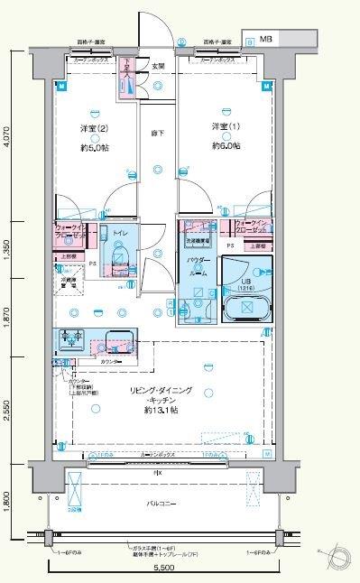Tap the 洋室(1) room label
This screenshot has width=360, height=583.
(226, 125)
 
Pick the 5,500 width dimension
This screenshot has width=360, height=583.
(163, 569)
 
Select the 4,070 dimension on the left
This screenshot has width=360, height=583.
(8, 136)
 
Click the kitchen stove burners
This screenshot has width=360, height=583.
(72, 340)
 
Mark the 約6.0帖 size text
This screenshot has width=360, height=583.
(226, 145)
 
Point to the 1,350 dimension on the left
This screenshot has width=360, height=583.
(8, 246)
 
